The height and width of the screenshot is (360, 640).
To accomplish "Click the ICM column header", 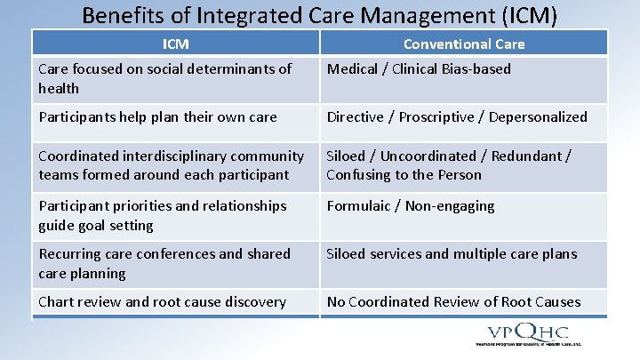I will point(176,44).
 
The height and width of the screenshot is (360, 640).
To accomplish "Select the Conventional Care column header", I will point(464,44).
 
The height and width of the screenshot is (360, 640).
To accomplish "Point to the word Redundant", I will point(529,156).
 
